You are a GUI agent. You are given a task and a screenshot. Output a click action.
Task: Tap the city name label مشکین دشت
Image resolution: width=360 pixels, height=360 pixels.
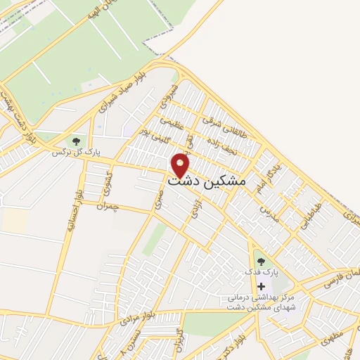coord(207,180)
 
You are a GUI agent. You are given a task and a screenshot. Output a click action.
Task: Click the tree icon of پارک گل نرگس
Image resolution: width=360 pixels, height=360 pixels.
coord(75,141)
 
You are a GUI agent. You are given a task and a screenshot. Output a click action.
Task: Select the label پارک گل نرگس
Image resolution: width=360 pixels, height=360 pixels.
coord(75,152)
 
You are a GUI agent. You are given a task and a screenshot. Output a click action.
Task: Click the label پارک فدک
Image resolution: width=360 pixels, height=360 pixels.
coord(261,271)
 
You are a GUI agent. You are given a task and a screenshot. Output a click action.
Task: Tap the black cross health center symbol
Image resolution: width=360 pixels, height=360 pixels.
coord(262,286)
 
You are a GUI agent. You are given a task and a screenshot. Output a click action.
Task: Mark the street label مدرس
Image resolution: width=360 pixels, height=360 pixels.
coord(268,212)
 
